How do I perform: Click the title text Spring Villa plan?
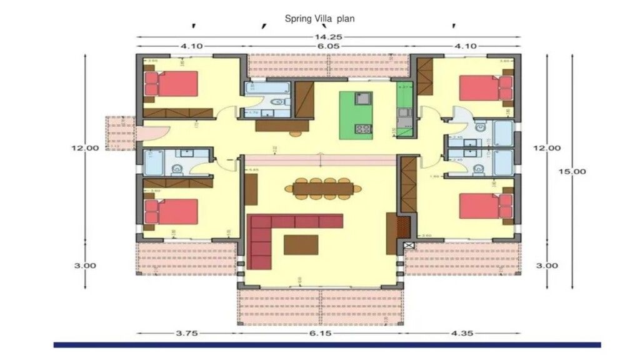319,19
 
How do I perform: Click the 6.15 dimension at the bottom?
319,333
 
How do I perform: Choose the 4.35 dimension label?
461,333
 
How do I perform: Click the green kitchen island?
356,116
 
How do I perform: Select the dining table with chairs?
323,187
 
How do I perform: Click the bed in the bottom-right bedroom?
484,207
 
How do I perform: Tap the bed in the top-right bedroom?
484,87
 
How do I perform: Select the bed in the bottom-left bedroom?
173,211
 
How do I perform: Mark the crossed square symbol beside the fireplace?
409,246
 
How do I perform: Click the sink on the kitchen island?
362,98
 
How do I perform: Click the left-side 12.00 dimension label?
86,148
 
